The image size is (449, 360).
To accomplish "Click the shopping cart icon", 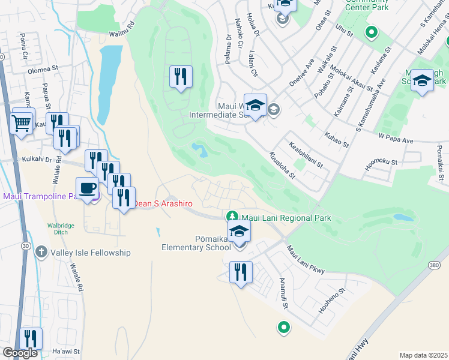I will click(22, 122).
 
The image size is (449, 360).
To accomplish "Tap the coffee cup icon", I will click(88, 188).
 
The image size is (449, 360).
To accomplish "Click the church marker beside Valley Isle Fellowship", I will click(41, 252).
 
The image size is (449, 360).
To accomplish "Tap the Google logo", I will click(20, 353).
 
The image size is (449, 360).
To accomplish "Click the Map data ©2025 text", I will click(423, 355).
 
